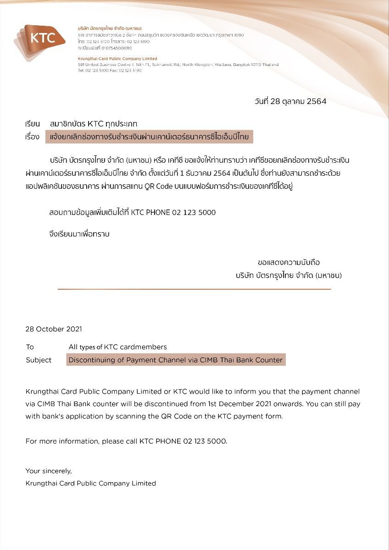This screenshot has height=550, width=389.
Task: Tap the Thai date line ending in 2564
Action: pos(290,102)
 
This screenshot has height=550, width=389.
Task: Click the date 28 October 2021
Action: pos(54,329)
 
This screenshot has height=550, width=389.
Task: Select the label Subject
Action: pos(39,360)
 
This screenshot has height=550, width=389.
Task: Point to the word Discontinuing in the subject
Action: pos(90,360)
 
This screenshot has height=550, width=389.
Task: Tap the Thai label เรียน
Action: pos(33,124)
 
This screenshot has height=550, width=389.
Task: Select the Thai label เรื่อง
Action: pos(33,137)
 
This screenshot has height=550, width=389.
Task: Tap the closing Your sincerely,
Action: pos(49,471)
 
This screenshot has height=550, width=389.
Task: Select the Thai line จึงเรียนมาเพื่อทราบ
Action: pos(79,234)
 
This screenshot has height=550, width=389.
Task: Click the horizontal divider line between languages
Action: pos(194,289)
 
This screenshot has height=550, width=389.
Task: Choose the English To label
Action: pos(30,347)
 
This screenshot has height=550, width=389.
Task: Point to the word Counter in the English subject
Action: pos(268,360)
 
